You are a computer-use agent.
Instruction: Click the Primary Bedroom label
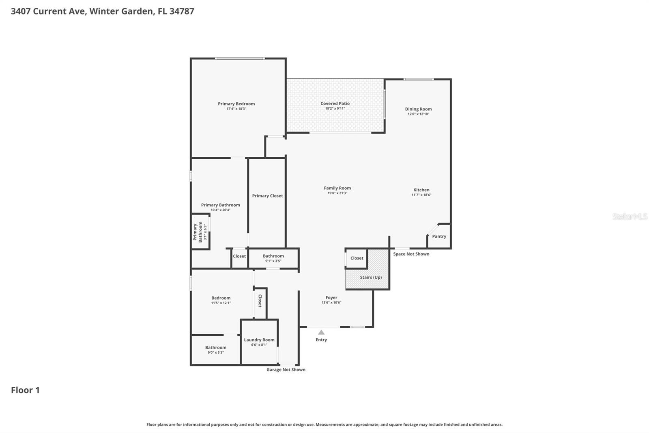click(x=236, y=104)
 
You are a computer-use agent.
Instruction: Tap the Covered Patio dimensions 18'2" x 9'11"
click(x=335, y=108)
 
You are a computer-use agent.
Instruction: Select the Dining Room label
click(x=418, y=109)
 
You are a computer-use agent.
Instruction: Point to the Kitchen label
click(x=421, y=190)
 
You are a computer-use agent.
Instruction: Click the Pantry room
click(x=439, y=236)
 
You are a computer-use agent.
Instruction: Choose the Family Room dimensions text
click(x=337, y=193)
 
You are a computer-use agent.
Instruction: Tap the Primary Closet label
click(x=267, y=196)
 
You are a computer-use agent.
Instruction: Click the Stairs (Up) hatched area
click(x=371, y=277)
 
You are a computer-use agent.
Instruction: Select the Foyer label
click(x=331, y=298)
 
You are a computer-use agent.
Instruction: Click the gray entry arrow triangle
click(x=321, y=332)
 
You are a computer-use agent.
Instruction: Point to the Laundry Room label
click(x=259, y=340)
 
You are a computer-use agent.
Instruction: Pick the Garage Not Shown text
click(x=286, y=370)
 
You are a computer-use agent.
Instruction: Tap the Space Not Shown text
click(x=411, y=254)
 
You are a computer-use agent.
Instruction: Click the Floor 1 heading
click(x=25, y=390)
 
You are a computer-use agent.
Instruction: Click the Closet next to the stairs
click(x=357, y=258)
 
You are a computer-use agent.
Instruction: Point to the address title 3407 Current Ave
click(x=102, y=11)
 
